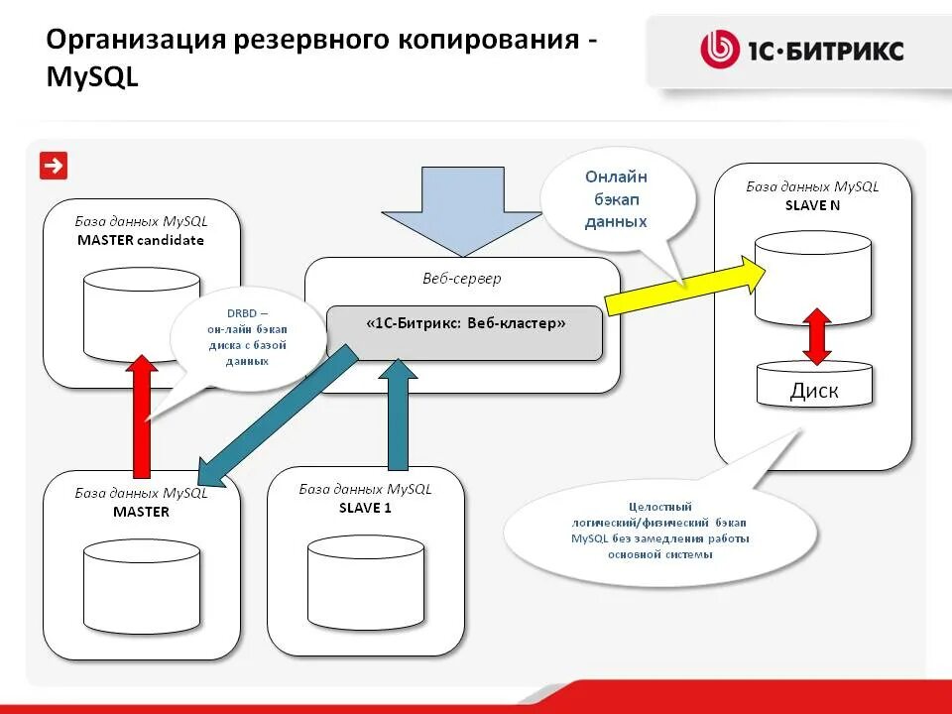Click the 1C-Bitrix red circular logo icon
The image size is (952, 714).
(x=720, y=50)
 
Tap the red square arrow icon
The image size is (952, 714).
(x=53, y=166)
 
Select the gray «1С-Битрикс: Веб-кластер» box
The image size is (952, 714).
(x=464, y=332)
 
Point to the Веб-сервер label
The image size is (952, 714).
(x=461, y=279)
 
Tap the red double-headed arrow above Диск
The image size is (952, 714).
(x=815, y=336)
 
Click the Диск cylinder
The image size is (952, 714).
(x=814, y=385)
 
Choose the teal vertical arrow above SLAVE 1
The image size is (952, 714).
(x=398, y=412)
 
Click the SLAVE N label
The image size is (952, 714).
(x=812, y=204)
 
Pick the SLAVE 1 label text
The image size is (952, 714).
(x=365, y=508)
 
